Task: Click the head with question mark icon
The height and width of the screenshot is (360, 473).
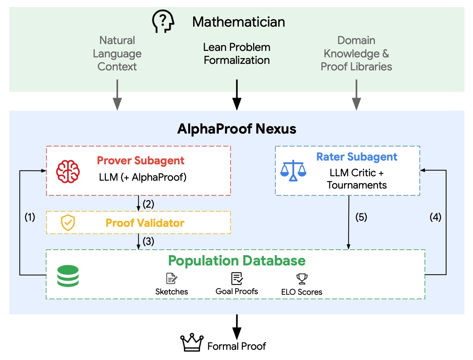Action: (163, 21)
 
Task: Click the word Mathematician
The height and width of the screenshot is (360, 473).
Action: (239, 22)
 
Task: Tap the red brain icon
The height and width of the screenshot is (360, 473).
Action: (68, 171)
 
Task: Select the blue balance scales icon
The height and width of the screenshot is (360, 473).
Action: (293, 170)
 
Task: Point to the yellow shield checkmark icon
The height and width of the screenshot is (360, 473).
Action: (68, 223)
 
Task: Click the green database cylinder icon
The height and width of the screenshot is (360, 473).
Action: (68, 276)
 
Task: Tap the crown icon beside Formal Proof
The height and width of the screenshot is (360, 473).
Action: (192, 343)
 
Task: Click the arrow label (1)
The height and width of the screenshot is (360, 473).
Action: (30, 217)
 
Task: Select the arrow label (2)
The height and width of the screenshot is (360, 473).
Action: (148, 204)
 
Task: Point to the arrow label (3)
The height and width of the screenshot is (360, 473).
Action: (148, 241)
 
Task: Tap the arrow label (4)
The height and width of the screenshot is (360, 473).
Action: (435, 217)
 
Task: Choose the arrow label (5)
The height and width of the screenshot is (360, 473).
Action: (361, 217)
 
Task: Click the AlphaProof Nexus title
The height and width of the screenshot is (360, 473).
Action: (236, 129)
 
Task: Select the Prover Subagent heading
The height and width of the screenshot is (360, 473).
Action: (141, 161)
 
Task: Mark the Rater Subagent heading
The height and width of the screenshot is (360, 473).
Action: (357, 157)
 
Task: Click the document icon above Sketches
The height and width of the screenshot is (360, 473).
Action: (172, 278)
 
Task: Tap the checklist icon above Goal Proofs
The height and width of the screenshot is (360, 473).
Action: (237, 278)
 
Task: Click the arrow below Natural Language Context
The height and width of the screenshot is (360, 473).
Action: (117, 95)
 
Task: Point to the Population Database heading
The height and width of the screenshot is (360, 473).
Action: (237, 261)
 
